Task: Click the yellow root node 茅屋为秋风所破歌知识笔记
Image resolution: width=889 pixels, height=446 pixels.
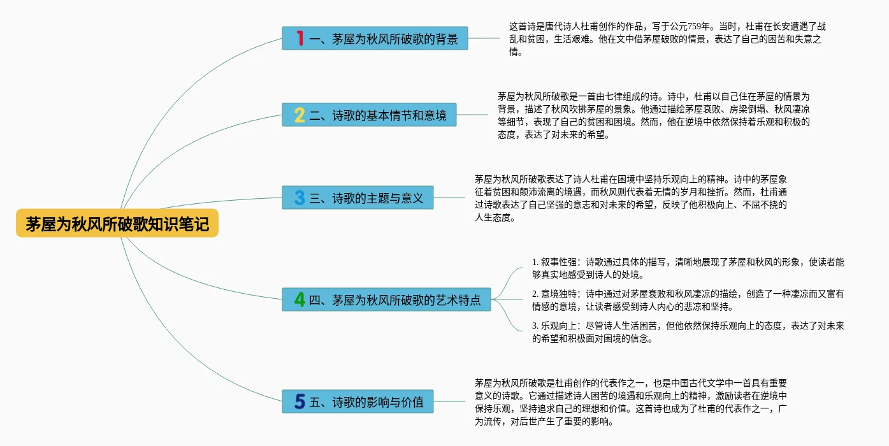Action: tap(117, 224)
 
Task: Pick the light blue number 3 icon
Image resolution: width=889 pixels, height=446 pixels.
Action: tap(300, 197)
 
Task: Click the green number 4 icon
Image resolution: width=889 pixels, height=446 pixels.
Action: tap(300, 299)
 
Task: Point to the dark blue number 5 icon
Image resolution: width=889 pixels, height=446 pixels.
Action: tap(300, 401)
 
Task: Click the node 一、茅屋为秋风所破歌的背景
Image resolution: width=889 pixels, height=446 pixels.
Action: tap(382, 39)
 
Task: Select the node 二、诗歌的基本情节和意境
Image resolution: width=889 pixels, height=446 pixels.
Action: tap(377, 115)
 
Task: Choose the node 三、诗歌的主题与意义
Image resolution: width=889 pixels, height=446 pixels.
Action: tap(366, 198)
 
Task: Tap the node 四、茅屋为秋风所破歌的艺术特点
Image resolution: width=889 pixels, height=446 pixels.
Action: tap(394, 300)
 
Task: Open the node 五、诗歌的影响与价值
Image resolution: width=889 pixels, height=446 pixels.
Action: tap(366, 402)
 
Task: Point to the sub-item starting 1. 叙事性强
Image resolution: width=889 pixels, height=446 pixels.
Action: tap(688, 268)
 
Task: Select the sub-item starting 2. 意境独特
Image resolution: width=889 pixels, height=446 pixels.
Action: tap(688, 300)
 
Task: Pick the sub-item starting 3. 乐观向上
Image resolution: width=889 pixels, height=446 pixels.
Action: tap(688, 332)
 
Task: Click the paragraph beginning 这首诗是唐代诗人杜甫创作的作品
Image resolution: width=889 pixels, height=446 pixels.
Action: tap(667, 39)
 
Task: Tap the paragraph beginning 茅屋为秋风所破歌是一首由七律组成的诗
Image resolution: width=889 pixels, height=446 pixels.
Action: tap(653, 115)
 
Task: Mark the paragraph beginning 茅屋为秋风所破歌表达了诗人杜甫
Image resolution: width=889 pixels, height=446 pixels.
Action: tap(631, 198)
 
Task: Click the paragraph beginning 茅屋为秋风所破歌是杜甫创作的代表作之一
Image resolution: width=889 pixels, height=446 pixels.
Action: tap(631, 402)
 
